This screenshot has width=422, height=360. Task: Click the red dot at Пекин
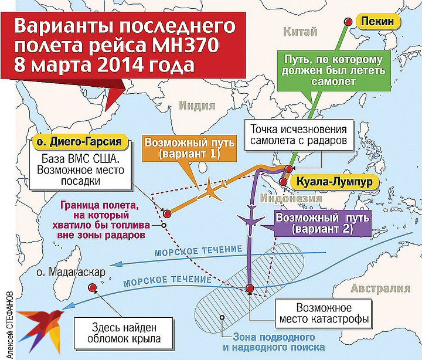point(348,22)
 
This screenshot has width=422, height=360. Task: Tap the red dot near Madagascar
point(92,287)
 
